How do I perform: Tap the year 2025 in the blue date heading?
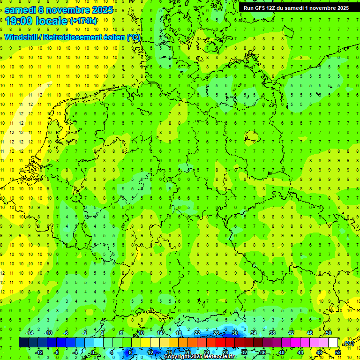[100, 9]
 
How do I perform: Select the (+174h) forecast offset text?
[83, 21]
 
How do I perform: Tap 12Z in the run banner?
[274, 8]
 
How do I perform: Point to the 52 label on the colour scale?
[337, 352]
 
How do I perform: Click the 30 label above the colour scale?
[234, 333]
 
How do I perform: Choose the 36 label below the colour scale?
[262, 352]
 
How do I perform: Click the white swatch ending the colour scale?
[333, 343]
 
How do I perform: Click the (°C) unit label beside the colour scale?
[348, 344]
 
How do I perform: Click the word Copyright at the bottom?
[177, 357]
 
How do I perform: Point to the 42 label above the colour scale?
[291, 333]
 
